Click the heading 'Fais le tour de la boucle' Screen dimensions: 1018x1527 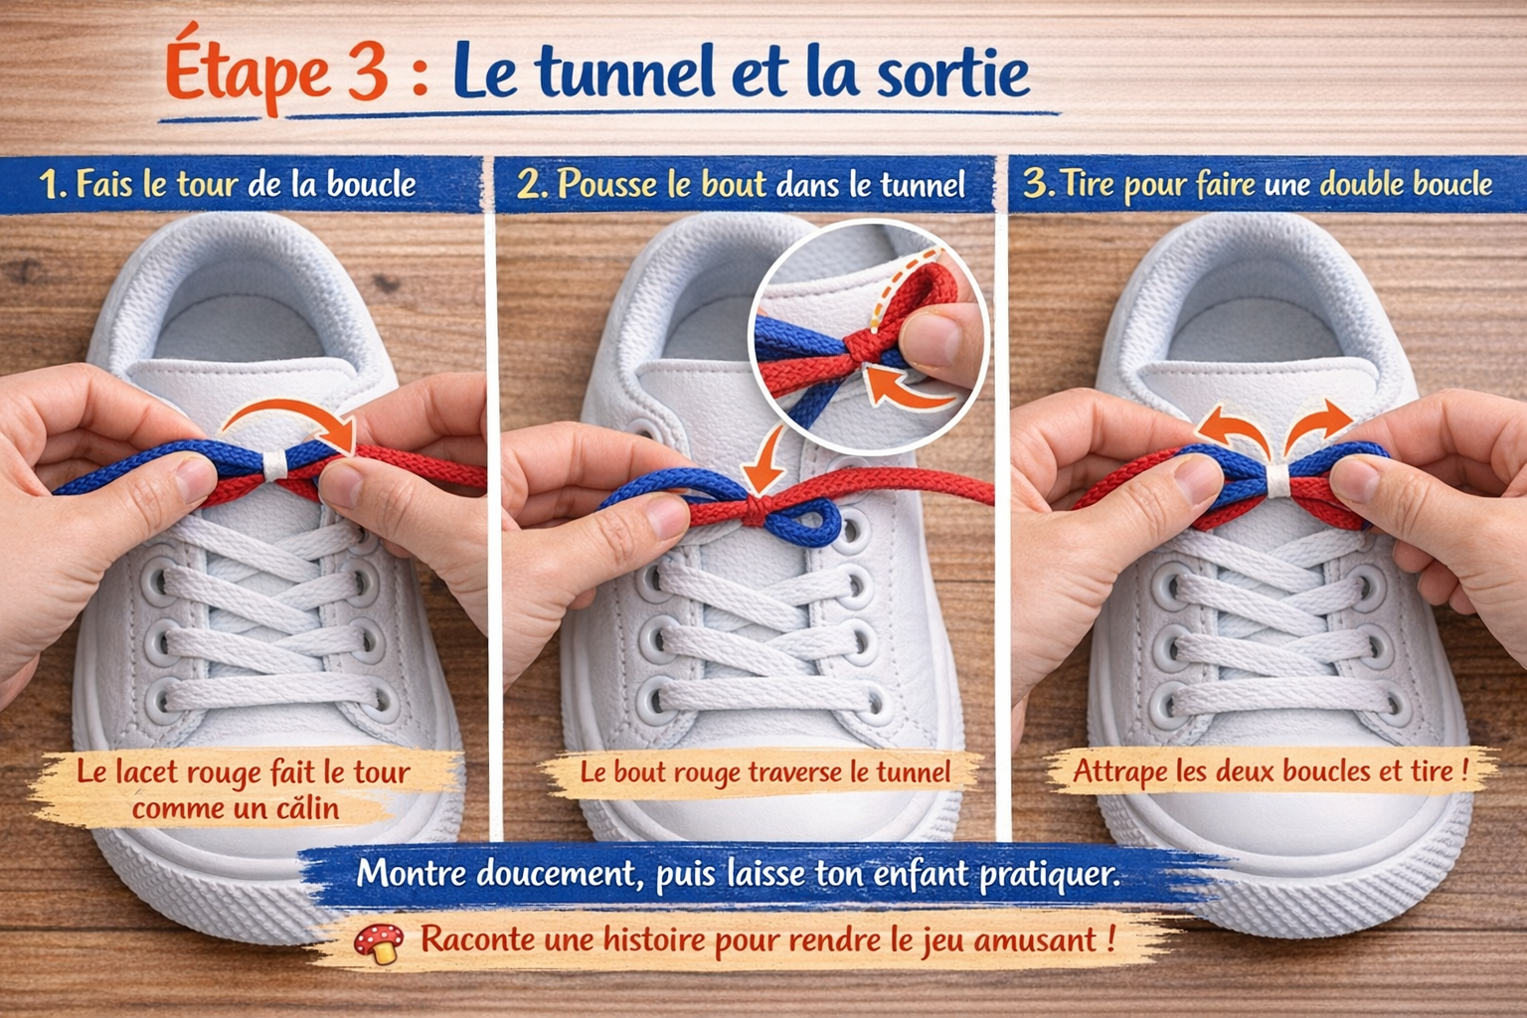click(228, 184)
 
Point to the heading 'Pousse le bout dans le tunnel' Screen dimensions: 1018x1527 click(741, 184)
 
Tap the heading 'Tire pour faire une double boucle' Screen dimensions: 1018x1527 click(1259, 184)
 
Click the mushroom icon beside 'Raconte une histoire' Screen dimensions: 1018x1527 click(379, 942)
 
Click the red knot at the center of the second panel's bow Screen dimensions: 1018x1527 click(757, 511)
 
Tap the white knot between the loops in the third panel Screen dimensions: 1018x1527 click(1276, 479)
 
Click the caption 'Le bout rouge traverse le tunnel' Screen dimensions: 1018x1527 click(764, 772)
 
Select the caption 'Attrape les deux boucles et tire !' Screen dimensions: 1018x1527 click(1270, 770)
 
